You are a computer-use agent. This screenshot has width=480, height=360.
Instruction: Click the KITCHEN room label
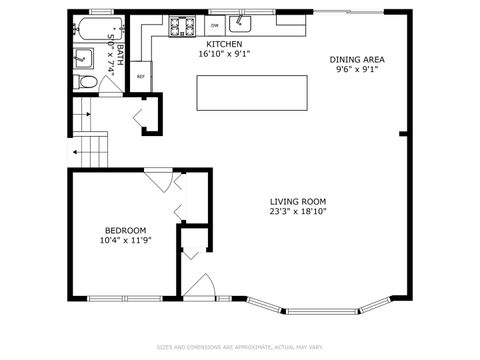click(223, 45)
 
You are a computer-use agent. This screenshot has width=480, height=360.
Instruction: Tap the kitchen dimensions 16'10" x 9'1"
click(223, 55)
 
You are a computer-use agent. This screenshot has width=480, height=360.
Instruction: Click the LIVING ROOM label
click(298, 201)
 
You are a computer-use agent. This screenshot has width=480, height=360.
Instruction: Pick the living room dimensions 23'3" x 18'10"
click(298, 211)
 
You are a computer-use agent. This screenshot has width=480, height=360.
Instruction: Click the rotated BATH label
click(119, 55)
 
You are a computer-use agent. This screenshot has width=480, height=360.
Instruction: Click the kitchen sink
click(240, 22)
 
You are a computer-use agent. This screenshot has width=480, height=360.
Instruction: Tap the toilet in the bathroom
click(86, 82)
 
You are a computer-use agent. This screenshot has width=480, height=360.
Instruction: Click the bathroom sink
click(80, 58)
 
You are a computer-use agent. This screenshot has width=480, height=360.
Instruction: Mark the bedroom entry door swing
click(158, 183)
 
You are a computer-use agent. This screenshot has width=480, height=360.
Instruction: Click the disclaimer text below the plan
click(240, 348)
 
